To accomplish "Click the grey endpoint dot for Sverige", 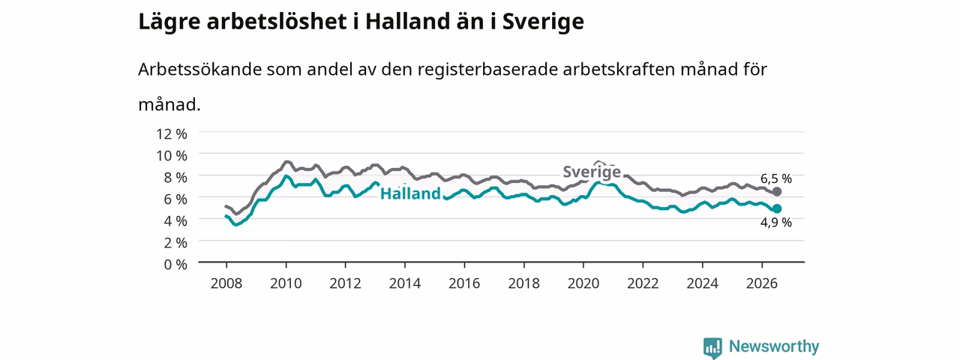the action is pos(776,191).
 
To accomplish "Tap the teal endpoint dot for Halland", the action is pos(776,208).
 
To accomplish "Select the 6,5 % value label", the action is pos(776,178).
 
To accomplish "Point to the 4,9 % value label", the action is pos(776,223).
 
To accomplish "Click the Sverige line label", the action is pos(592,172).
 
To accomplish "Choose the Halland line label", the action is pos(410,193).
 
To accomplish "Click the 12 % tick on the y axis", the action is pos(172,134).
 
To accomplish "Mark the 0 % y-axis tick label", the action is pos(175,265).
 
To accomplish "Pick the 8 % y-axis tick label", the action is pos(175,178).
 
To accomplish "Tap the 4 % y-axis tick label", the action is pos(175,221).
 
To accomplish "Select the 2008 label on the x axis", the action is pos(226,283).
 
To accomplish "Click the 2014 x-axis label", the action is pos(405,283).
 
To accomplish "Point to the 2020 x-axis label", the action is pos(583,283).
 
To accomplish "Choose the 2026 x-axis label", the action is pos(762,283).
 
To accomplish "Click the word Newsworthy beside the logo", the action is pos(774,346).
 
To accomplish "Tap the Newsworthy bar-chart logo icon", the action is pos(712,347).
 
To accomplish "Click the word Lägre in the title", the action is pos(169,22).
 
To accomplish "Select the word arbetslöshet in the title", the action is pos(277,21).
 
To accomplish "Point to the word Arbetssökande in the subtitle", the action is pos(199,69).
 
